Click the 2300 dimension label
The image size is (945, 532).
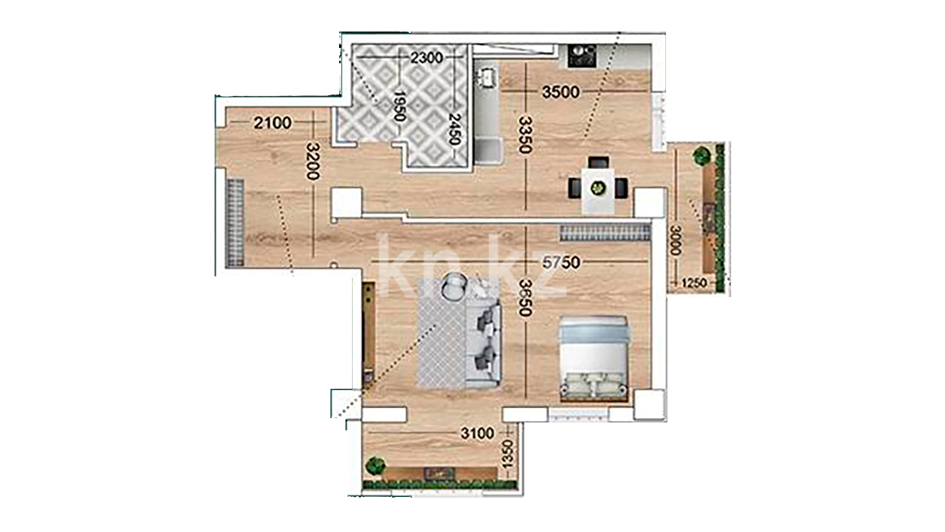coord(426,57)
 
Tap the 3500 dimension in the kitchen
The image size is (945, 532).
coord(561,92)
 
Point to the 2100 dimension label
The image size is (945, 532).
coord(273,123)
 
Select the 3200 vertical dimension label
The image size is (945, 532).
coord(313,161)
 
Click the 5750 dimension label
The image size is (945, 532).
coord(561,263)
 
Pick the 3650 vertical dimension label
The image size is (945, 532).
coord(524,298)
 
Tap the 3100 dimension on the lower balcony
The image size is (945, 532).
coord(477,433)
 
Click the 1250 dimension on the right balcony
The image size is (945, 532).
coord(694,283)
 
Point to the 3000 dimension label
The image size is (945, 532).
coord(675,240)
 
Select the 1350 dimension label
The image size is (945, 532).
coord(508,454)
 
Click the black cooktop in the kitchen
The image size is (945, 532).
coord(582,56)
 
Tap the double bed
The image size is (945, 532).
coord(594,359)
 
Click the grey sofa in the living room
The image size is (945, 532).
coord(483,344)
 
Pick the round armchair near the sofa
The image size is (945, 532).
coord(454,286)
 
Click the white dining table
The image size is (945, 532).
coord(598,190)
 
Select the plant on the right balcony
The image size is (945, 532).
coord(702,155)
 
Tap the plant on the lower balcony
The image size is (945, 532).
coord(375,466)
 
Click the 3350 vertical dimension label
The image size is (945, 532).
coord(524,135)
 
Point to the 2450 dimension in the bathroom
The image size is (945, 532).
coord(454,129)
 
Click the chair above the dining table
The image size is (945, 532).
coord(598,162)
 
